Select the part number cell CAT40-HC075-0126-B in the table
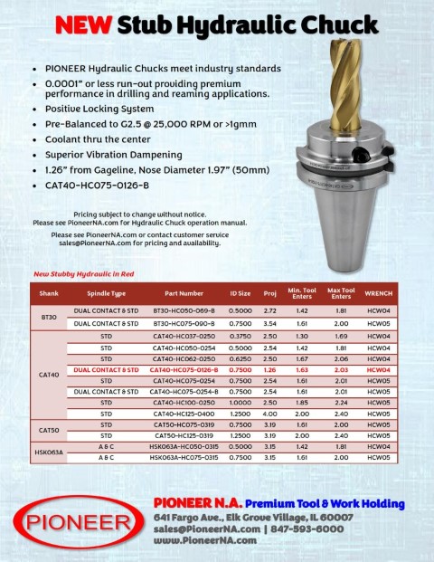pos(184,369)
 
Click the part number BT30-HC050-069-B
pos(184,310)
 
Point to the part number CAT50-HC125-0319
pos(184,435)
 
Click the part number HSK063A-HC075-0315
pos(184,457)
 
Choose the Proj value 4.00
pos(269,413)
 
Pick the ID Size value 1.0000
pos(240,402)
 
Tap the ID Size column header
pos(240,293)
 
